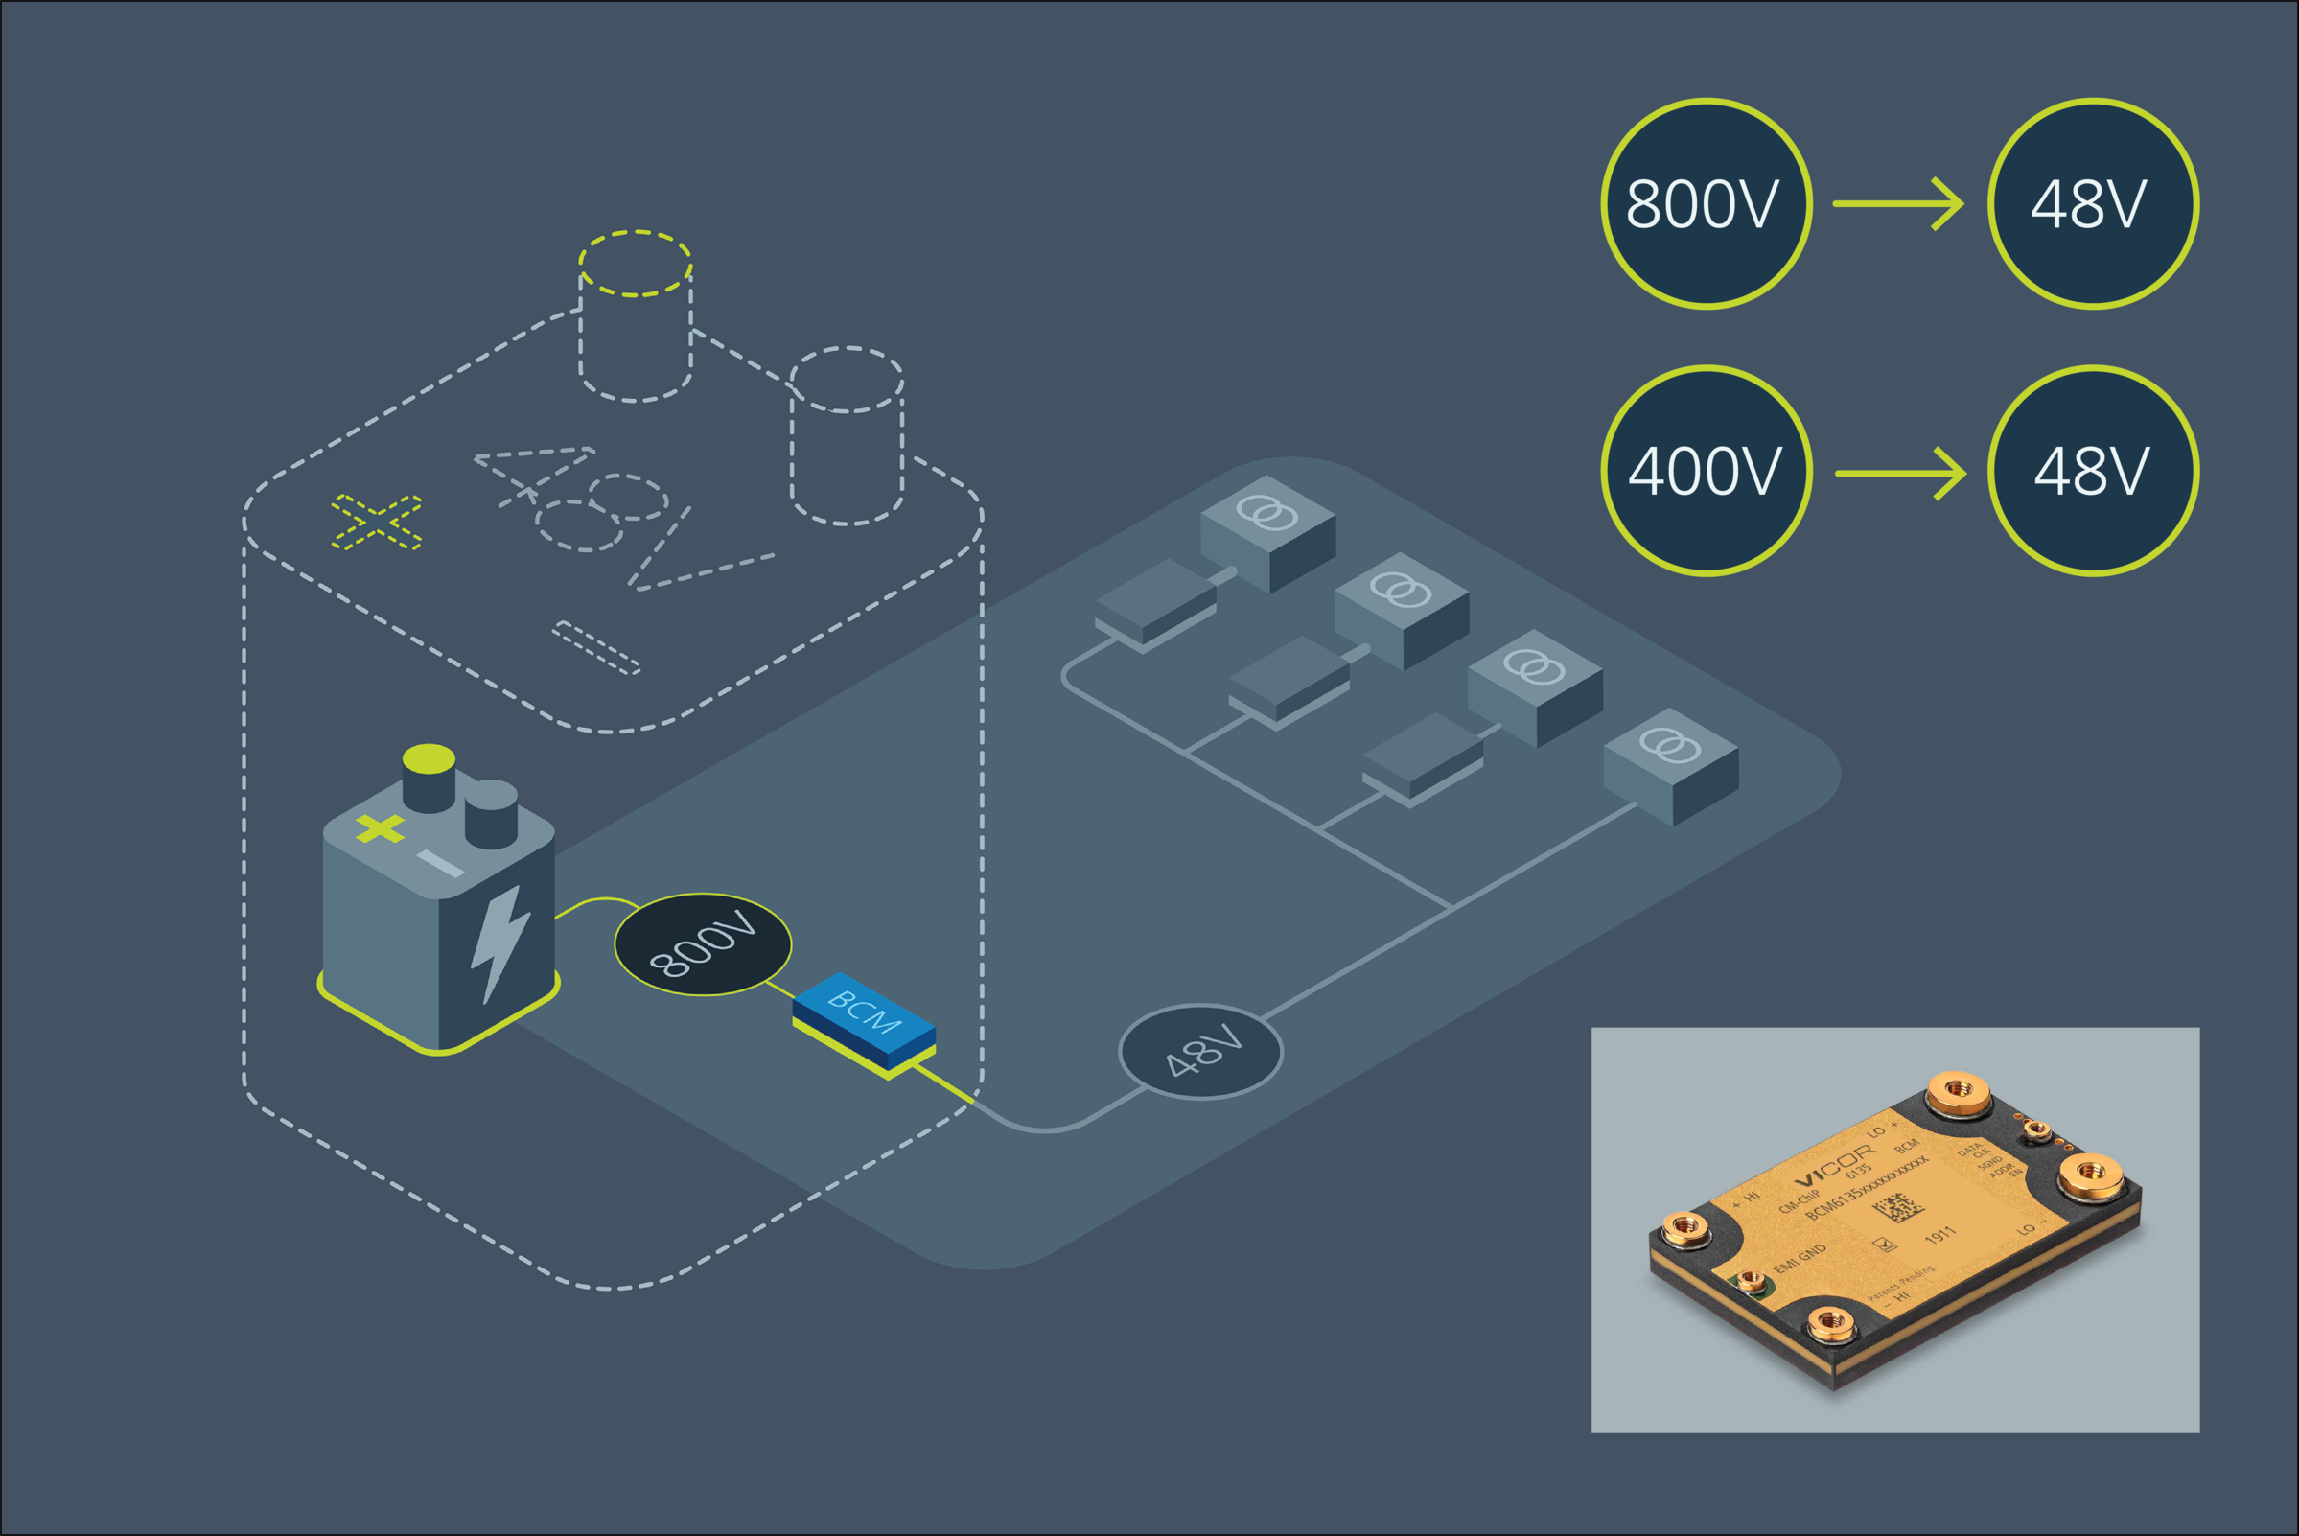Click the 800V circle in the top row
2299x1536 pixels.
[x=1706, y=204]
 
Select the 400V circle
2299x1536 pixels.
[x=1706, y=471]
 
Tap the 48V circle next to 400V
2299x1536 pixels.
[x=2092, y=471]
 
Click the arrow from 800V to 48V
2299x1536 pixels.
[x=1898, y=204]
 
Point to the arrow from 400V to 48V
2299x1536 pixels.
[x=1900, y=473]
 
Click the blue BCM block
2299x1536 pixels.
[x=862, y=1019]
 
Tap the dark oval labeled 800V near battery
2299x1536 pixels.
[x=703, y=944]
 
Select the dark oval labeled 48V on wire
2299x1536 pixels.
[x=1200, y=1051]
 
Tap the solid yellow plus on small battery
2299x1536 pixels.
[x=380, y=828]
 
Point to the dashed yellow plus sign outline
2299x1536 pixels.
[x=376, y=523]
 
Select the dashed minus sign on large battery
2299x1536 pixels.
[x=596, y=647]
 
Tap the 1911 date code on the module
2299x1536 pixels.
[x=1939, y=1235]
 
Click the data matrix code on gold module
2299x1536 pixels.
[x=1897, y=1208]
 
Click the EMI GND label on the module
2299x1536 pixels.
[x=1800, y=1259]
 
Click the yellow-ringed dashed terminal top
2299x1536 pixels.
[x=636, y=264]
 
